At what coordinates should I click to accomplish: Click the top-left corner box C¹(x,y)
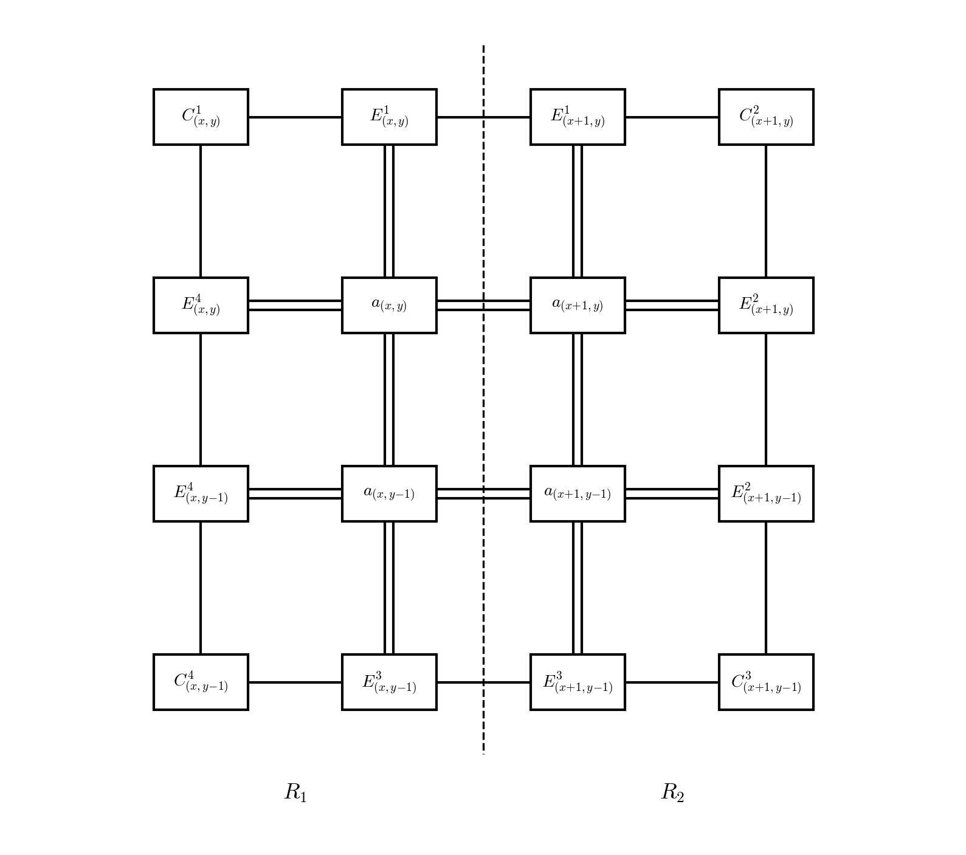point(201,117)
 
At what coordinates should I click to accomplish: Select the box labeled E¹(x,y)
point(389,117)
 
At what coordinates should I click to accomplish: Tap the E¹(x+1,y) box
point(578,117)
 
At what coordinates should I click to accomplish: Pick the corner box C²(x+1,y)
point(766,117)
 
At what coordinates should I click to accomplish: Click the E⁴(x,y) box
point(201,305)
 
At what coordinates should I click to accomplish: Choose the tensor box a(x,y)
point(389,305)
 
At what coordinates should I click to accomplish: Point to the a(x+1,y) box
point(578,305)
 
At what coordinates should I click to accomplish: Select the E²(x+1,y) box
point(766,305)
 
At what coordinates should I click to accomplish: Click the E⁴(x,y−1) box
point(201,493)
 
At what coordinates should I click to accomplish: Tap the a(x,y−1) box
point(389,493)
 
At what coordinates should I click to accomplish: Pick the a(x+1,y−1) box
point(578,493)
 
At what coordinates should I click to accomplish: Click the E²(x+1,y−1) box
point(766,493)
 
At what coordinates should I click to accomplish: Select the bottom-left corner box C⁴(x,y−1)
point(201,682)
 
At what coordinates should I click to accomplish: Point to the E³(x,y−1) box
point(389,682)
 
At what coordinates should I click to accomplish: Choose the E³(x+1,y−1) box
point(578,682)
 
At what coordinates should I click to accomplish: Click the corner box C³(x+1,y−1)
point(766,682)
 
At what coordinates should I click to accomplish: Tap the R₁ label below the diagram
point(296,792)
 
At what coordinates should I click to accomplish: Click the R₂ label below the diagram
point(672,792)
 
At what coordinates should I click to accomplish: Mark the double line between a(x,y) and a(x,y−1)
point(389,399)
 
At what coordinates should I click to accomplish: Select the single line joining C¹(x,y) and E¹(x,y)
point(295,117)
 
